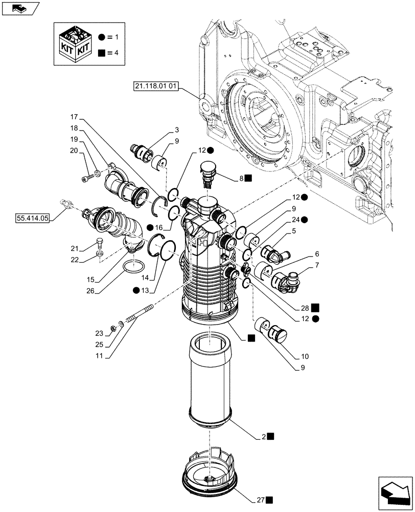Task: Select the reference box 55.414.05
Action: click(x=32, y=218)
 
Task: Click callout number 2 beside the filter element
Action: click(x=263, y=436)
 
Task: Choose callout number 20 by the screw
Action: click(x=74, y=151)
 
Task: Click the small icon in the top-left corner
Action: click(x=20, y=8)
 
